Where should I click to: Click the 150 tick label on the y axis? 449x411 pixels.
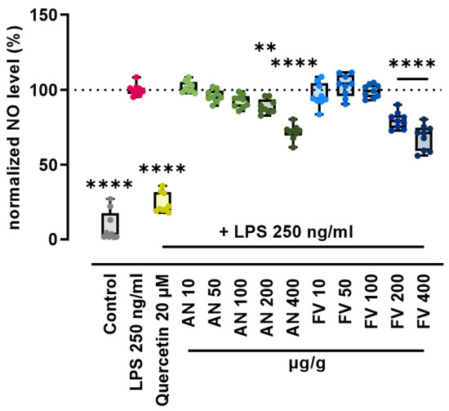pyautogui.click(x=44, y=16)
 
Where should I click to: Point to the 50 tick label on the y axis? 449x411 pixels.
pyautogui.click(x=49, y=165)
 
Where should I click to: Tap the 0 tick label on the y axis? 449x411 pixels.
pyautogui.click(x=53, y=239)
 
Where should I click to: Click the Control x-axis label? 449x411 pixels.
pyautogui.click(x=110, y=304)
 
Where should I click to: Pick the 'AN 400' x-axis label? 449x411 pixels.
pyautogui.click(x=293, y=307)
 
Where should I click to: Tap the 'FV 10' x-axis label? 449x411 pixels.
pyautogui.click(x=319, y=301)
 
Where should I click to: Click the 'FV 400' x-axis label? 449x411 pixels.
pyautogui.click(x=423, y=301)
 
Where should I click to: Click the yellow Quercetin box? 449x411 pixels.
pyautogui.click(x=162, y=202)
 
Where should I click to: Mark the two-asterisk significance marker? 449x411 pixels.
pyautogui.click(x=265, y=47)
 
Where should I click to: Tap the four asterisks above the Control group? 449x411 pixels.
pyautogui.click(x=109, y=185)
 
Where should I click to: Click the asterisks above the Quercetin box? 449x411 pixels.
pyautogui.click(x=162, y=168)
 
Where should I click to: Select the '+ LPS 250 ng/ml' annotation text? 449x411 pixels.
pyautogui.click(x=287, y=232)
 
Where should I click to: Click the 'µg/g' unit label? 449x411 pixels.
pyautogui.click(x=307, y=364)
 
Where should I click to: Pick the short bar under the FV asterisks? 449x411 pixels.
pyautogui.click(x=412, y=78)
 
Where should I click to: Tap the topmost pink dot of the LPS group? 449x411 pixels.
pyautogui.click(x=136, y=78)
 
